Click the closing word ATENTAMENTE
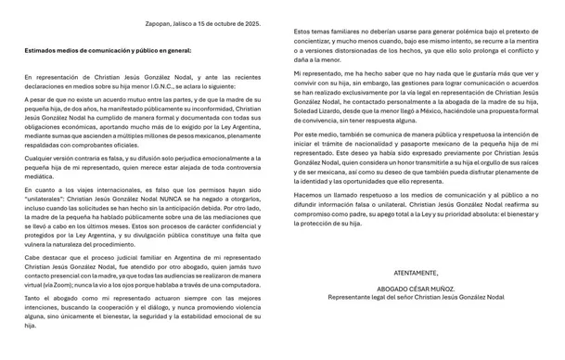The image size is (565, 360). [x=416, y=274]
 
